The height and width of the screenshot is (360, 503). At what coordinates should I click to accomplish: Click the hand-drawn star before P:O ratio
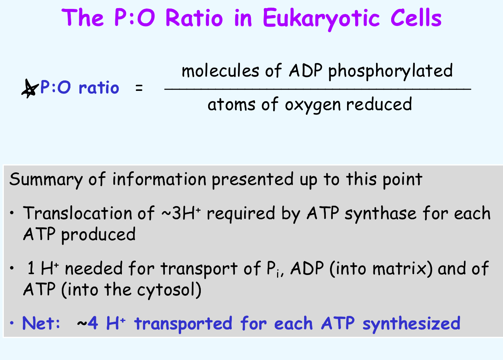30,88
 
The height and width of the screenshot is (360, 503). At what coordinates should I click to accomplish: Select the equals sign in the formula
139,89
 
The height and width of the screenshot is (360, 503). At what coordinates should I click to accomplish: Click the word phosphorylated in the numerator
390,71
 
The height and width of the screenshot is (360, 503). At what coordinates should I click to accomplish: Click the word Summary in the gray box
46,180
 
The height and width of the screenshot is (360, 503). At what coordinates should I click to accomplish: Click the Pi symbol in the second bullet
273,269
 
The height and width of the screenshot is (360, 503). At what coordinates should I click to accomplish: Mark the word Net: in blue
41,323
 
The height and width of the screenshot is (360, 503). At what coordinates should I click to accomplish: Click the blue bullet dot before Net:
12,323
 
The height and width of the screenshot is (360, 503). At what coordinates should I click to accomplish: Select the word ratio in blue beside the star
99,88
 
